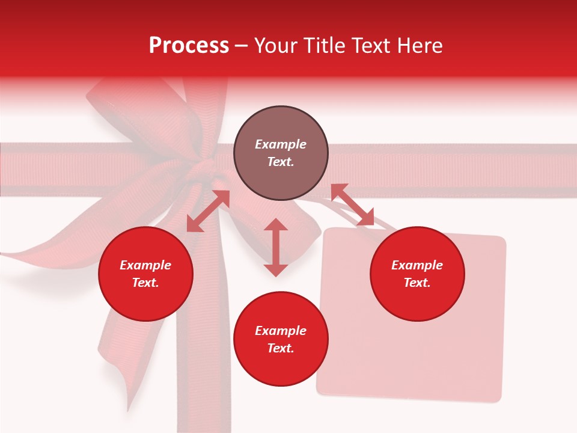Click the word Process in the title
[189, 46]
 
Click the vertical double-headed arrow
[276, 247]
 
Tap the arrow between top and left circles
[208, 211]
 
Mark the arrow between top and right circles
[352, 204]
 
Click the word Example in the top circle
[281, 144]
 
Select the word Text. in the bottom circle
[281, 348]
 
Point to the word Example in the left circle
[145, 265]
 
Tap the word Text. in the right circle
[417, 283]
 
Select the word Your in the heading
[274, 46]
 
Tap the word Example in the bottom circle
[281, 331]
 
